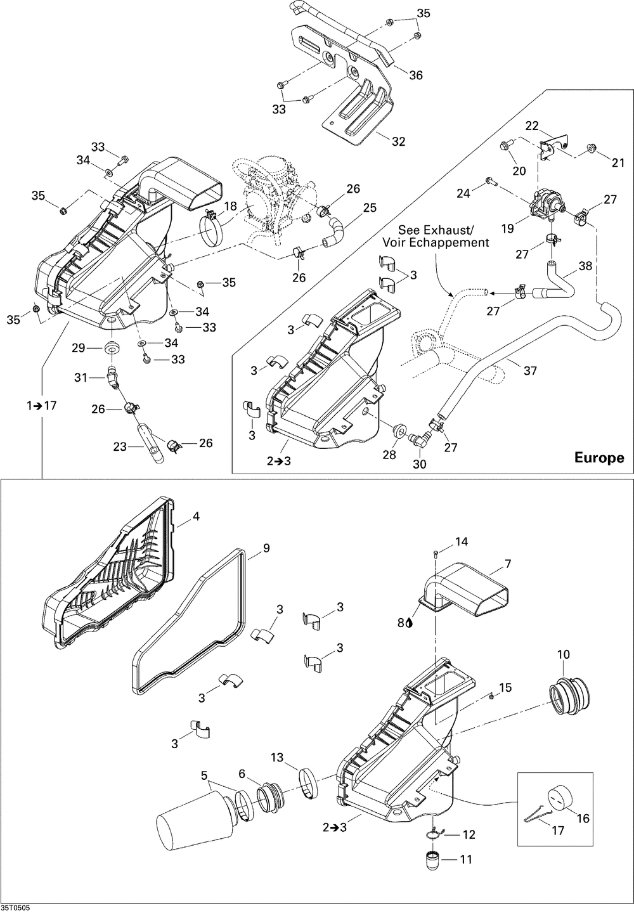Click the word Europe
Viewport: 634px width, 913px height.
coord(599,458)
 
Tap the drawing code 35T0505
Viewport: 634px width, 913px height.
coord(15,909)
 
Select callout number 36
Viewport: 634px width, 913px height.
coord(416,75)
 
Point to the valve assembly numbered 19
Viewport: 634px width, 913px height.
coord(547,204)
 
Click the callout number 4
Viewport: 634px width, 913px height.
coord(196,516)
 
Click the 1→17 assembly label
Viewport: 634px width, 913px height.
coord(42,406)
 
